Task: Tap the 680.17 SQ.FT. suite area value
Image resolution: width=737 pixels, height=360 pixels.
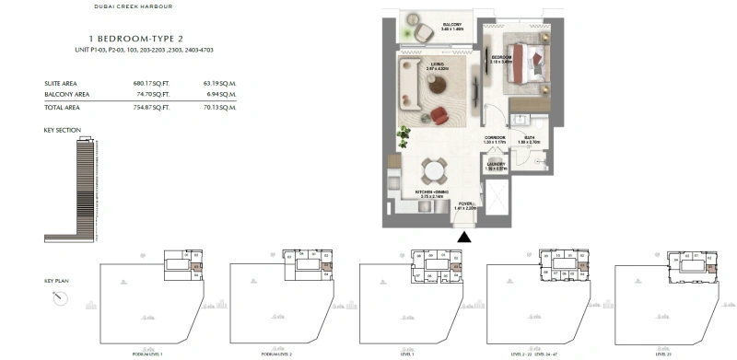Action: pos(151,84)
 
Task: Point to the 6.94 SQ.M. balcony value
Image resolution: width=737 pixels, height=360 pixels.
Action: pos(218,94)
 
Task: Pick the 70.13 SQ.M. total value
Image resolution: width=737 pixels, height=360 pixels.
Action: pos(218,107)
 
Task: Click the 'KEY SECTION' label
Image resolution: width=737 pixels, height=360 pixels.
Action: pos(63,130)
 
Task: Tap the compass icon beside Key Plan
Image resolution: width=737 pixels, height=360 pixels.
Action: pos(60,296)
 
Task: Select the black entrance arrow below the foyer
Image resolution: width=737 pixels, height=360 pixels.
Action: pos(464,238)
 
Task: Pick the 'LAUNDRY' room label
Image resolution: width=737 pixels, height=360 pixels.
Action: pos(497,164)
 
